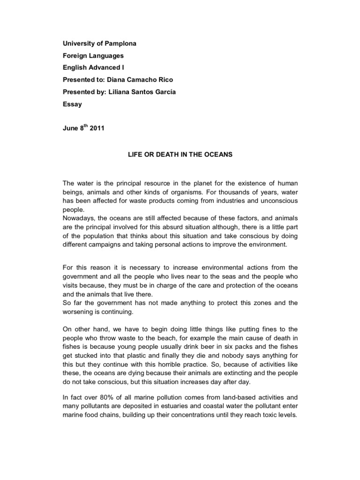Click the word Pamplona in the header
point(120,44)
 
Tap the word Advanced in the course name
point(102,68)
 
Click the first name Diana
point(118,80)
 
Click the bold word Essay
point(72,105)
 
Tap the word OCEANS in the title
point(217,155)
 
